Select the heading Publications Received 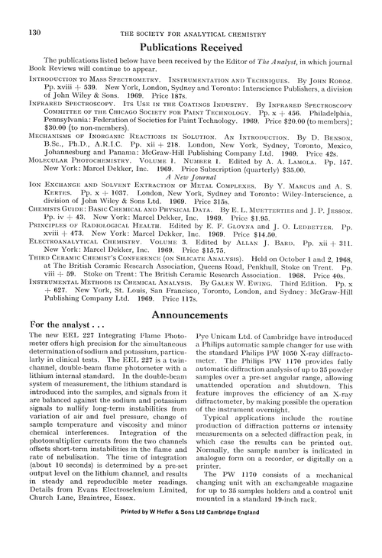tap(190, 47)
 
